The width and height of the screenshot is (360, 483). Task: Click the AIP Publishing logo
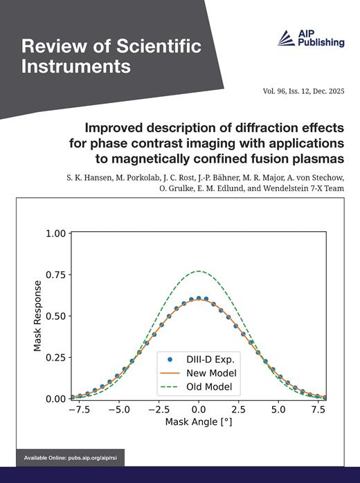point(311,39)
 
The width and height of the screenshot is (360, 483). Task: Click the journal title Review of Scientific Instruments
point(111,57)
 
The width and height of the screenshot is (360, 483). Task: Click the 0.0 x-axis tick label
point(199,410)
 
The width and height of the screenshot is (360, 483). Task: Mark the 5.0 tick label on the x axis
point(278,410)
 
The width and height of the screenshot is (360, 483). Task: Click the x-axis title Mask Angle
point(199,421)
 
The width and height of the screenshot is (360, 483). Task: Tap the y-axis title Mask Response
point(38,316)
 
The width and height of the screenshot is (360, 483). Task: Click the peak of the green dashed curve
point(199,271)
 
